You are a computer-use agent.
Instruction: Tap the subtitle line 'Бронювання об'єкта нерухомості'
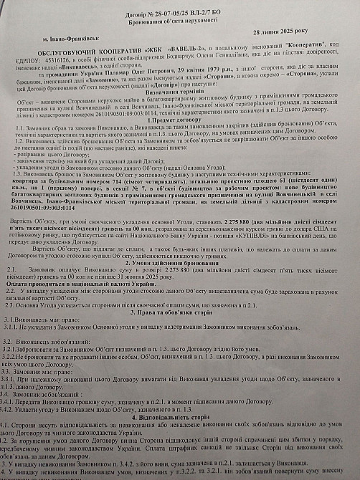pyautogui.click(x=181, y=20)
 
